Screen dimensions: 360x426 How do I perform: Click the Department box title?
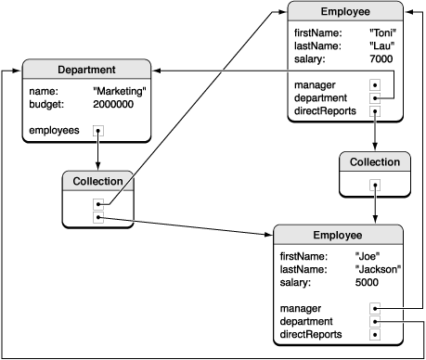(x=85, y=70)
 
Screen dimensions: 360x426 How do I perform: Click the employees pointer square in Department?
(x=97, y=132)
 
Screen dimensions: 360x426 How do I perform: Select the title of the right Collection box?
(x=374, y=161)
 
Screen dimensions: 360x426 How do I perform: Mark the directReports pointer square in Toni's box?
(x=375, y=112)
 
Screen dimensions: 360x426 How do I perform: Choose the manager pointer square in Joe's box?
(x=375, y=308)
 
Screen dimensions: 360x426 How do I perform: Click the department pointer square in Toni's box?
(x=375, y=98)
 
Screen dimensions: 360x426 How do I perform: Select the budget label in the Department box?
(x=45, y=105)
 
